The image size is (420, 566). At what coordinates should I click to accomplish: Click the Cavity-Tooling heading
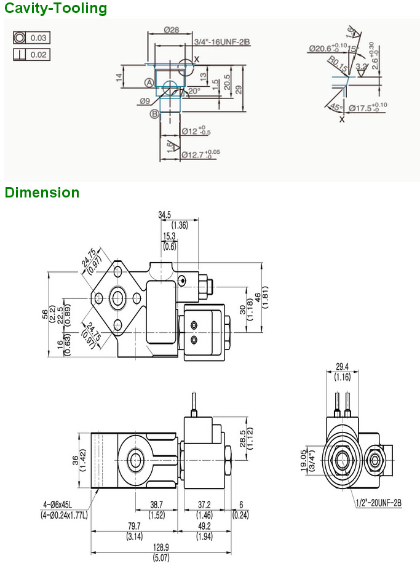[55, 9]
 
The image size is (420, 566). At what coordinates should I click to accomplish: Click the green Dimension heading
[42, 193]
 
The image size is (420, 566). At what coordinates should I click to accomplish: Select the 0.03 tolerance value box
[39, 38]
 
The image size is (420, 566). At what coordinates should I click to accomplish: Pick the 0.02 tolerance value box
[39, 55]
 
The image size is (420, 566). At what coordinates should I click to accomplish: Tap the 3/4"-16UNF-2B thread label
[222, 42]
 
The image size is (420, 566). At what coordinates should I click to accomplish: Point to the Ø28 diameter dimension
[172, 30]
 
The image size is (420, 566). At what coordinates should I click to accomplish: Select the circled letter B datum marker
[153, 114]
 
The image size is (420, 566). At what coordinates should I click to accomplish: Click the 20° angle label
[194, 91]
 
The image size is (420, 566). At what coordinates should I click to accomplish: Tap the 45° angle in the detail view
[336, 107]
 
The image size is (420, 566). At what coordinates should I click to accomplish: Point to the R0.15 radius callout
[337, 64]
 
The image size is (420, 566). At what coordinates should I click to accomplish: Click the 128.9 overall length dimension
[160, 547]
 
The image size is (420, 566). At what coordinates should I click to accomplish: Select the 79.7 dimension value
[133, 526]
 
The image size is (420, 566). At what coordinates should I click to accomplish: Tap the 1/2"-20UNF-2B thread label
[378, 503]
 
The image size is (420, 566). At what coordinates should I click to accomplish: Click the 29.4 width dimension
[343, 367]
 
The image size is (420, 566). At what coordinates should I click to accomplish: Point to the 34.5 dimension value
[164, 215]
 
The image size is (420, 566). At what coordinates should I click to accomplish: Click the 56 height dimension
[45, 314]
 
